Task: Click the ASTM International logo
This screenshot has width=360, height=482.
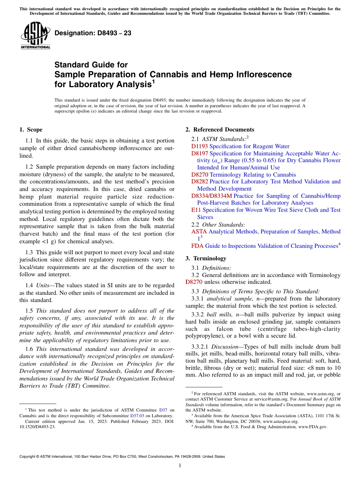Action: (x=35, y=36)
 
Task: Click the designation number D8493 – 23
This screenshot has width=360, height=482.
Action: (x=93, y=33)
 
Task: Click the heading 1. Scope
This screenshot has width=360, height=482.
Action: (x=31, y=130)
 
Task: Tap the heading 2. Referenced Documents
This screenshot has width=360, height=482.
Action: (x=220, y=130)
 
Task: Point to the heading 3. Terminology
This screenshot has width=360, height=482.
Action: (x=206, y=258)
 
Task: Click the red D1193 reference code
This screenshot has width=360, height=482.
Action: (x=199, y=146)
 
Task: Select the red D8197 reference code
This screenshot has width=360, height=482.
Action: (x=199, y=153)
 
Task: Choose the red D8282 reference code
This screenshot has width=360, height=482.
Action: (x=199, y=182)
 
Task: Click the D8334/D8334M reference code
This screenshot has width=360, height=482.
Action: (x=211, y=196)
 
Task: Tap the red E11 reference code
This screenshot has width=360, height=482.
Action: (x=196, y=210)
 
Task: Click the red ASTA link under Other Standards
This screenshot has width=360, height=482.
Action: (x=199, y=232)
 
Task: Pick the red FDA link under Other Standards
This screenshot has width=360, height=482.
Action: (x=197, y=246)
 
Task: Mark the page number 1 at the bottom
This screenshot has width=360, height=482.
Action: (x=180, y=466)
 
